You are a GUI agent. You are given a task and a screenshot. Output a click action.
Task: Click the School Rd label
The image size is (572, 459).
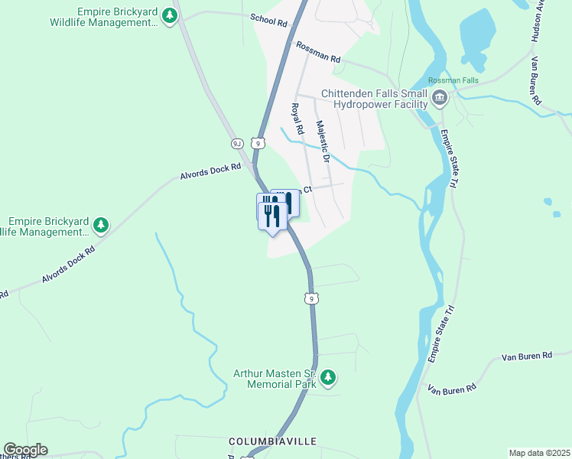point(268,20)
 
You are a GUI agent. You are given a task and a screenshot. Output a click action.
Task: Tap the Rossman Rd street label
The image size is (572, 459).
point(317,53)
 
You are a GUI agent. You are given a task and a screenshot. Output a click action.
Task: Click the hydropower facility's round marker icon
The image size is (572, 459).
point(440,97)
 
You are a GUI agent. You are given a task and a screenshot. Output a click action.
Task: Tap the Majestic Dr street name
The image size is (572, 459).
point(322,142)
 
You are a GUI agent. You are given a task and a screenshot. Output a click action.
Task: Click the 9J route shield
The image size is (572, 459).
point(237,143)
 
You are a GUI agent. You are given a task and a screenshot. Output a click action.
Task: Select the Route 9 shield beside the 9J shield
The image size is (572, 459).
point(259,143)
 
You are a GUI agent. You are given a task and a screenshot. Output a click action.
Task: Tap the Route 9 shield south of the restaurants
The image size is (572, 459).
point(310,298)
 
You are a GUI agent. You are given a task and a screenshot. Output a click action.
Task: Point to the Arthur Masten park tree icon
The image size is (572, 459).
point(327,377)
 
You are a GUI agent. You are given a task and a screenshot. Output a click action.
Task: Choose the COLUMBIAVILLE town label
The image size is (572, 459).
point(272,442)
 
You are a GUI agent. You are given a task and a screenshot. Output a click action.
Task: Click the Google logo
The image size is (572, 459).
point(25,450)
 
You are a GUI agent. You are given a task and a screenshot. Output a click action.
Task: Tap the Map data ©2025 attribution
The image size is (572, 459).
point(539,453)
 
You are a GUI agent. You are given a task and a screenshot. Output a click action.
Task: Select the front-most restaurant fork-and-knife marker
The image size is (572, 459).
point(271,214)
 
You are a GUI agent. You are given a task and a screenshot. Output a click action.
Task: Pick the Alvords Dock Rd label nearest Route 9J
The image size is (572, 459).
point(210,170)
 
